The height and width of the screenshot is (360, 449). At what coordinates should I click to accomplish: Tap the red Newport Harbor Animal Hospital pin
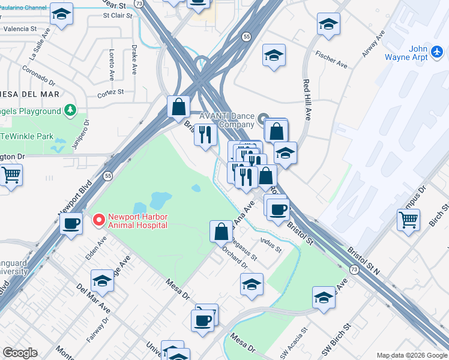coord(98,221)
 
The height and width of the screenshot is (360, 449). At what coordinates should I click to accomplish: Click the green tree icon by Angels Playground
coord(71,110)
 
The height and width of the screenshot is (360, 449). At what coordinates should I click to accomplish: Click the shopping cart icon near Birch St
coord(408,220)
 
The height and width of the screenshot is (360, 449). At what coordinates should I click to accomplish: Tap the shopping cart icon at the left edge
coord(11,176)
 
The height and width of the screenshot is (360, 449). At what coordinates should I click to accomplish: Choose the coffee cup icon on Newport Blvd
coord(71,224)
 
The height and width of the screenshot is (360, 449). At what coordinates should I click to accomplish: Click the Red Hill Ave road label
coord(306,99)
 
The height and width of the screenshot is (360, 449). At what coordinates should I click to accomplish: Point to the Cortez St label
coord(110,92)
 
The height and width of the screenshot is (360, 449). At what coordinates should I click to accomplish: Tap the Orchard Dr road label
coord(235,256)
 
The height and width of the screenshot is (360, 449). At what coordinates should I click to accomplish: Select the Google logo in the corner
coord(19,353)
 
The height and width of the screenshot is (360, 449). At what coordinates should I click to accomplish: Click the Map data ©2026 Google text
coord(411,355)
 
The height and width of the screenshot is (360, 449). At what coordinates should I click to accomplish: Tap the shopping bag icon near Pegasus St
coord(221,231)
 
